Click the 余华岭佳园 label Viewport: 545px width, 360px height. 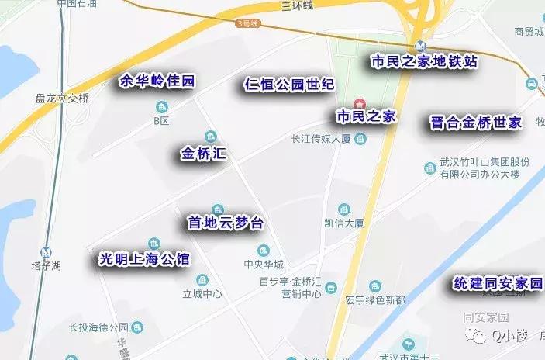pyautogui.click(x=156, y=81)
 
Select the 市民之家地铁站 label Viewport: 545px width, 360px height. pyautogui.click(x=424, y=62)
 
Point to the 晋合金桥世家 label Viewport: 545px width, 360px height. pyautogui.click(x=476, y=123)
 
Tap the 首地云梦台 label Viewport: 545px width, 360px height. pyautogui.click(x=226, y=223)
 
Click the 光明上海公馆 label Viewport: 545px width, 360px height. pyautogui.click(x=144, y=259)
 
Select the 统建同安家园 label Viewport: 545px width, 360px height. pyautogui.click(x=498, y=284)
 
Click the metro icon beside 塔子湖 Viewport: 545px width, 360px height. pyautogui.click(x=48, y=252)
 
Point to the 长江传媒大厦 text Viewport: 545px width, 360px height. pyautogui.click(x=321, y=139)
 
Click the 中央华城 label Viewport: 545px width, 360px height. pyautogui.click(x=264, y=264)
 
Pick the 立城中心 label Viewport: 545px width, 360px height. pyautogui.click(x=202, y=294)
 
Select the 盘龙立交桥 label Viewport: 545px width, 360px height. pyautogui.click(x=63, y=99)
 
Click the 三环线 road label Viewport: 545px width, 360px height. pyautogui.click(x=297, y=5)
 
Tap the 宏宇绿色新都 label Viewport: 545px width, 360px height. pyautogui.click(x=375, y=300)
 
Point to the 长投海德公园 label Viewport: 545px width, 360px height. pyautogui.click(x=98, y=327)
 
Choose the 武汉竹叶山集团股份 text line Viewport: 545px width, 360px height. pyautogui.click(x=485, y=162)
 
